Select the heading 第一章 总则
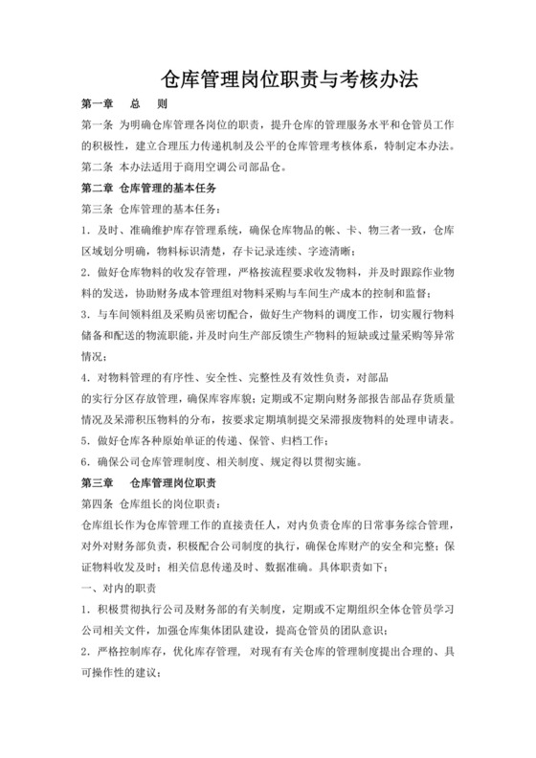125,104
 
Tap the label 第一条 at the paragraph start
99,125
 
